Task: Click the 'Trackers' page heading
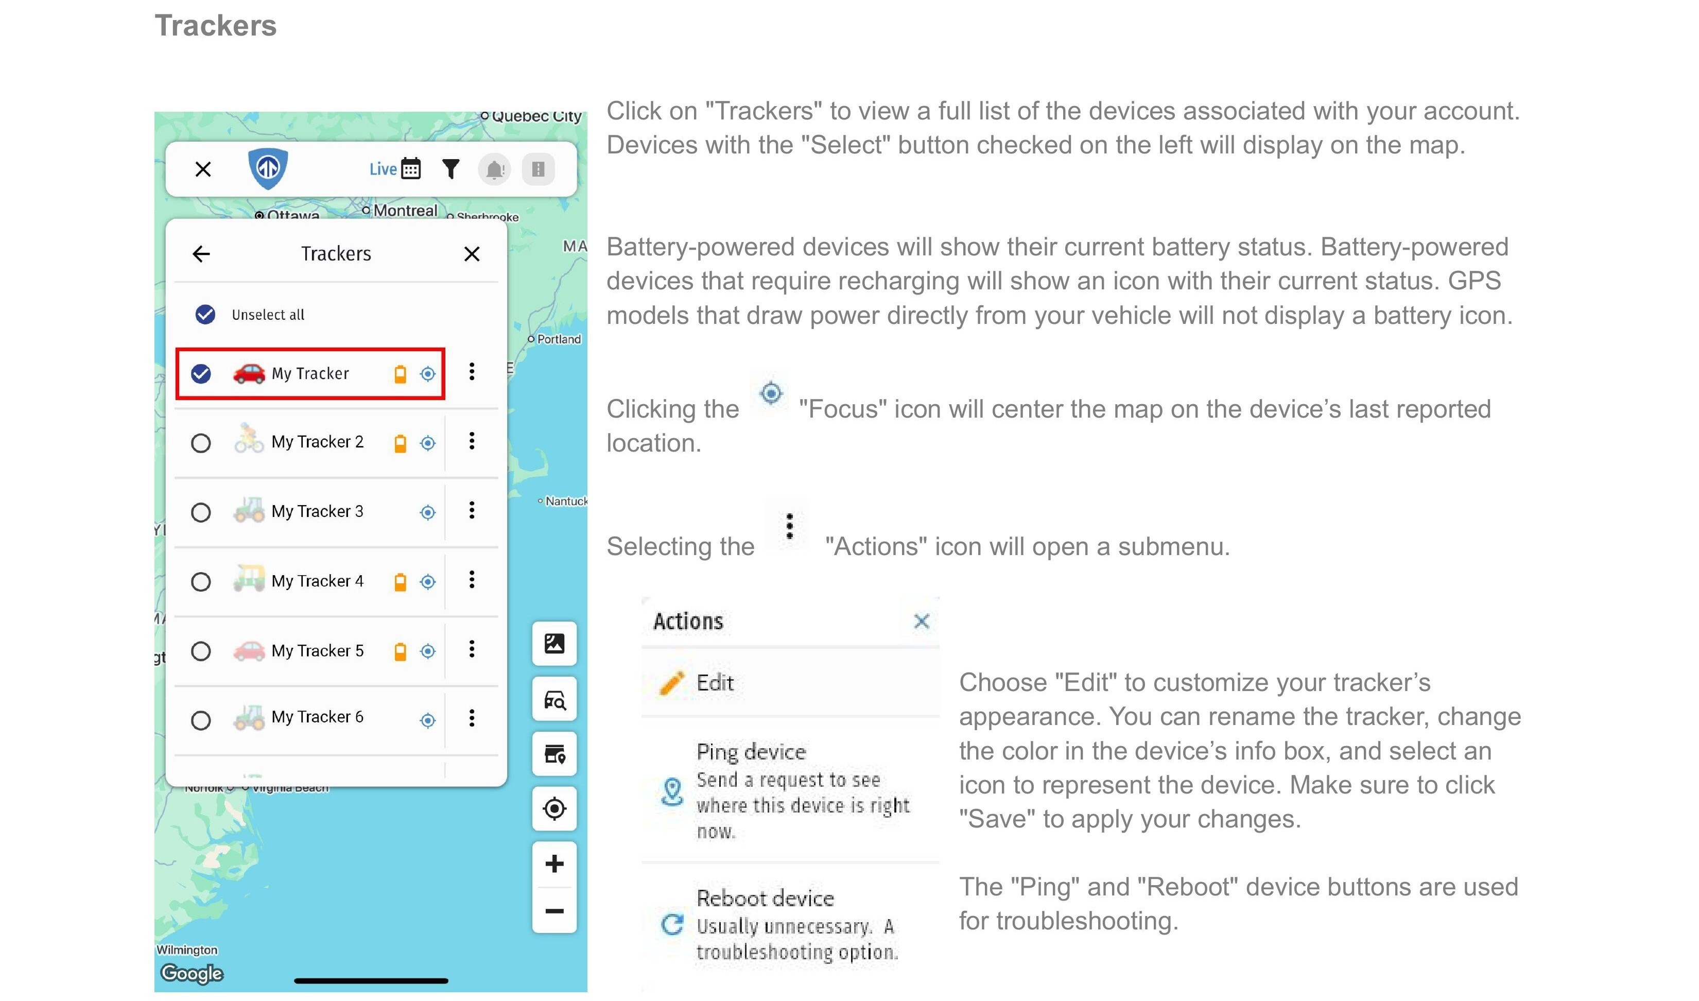pyautogui.click(x=216, y=26)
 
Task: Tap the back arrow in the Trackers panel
pyautogui.click(x=201, y=254)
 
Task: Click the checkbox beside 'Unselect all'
pyautogui.click(x=205, y=314)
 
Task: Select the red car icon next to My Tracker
pyautogui.click(x=249, y=372)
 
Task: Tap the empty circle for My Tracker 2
pyautogui.click(x=201, y=443)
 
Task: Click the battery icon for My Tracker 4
pyautogui.click(x=400, y=581)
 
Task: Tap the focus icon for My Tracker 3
pyautogui.click(x=428, y=513)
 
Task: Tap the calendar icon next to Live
pyautogui.click(x=411, y=168)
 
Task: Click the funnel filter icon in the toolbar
pyautogui.click(x=451, y=168)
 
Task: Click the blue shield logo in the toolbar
pyautogui.click(x=268, y=168)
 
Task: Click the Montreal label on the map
pyautogui.click(x=405, y=211)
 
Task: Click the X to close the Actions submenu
pyautogui.click(x=922, y=621)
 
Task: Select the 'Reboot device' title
pyautogui.click(x=766, y=898)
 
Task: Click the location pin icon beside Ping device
pyautogui.click(x=672, y=791)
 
